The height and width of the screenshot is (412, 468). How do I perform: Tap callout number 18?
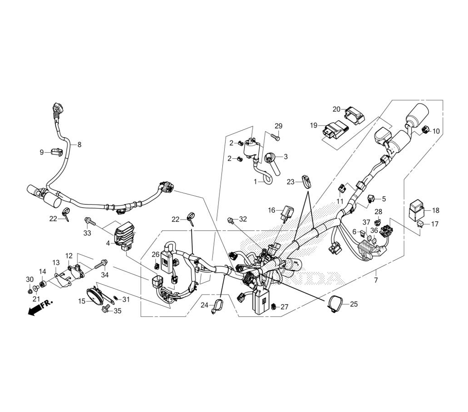tap(435, 210)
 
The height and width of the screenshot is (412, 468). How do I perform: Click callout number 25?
tap(353, 304)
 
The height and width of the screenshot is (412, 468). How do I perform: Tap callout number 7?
tap(375, 280)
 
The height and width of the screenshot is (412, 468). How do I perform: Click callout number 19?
tap(314, 125)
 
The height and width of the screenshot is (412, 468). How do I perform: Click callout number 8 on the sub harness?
tap(79, 145)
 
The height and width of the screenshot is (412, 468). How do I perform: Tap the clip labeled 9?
tap(57, 151)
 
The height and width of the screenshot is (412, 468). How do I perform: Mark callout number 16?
tap(272, 210)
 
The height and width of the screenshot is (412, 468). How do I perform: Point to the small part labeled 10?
tap(424, 130)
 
